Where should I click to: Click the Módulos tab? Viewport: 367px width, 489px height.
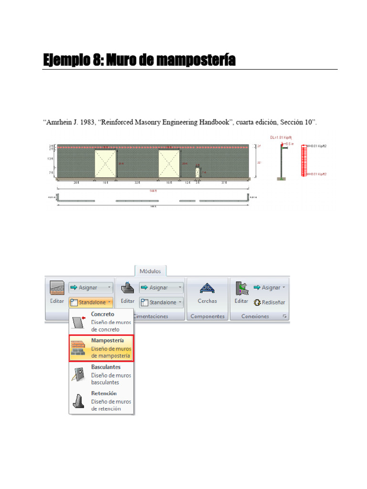point(151,271)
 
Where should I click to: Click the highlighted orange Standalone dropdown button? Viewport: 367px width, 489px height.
point(91,302)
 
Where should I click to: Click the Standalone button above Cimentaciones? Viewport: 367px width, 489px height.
point(162,302)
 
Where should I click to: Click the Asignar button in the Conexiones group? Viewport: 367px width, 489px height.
point(269,287)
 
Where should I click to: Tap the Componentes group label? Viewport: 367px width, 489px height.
point(207,316)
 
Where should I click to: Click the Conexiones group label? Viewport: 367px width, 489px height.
point(255,316)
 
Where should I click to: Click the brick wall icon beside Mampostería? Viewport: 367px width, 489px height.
point(78,349)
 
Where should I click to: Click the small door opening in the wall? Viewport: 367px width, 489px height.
point(198,172)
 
